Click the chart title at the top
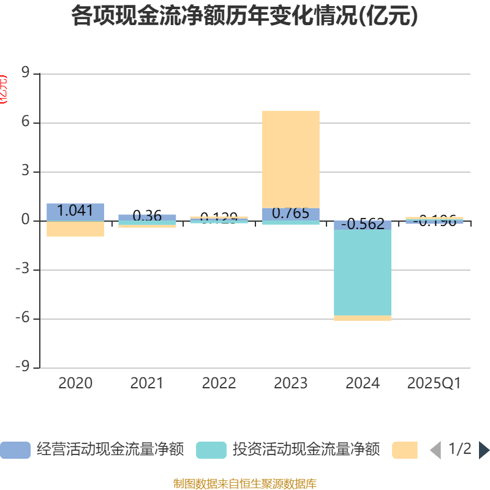[244, 17]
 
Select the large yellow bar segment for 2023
[290, 159]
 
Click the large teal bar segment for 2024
[363, 273]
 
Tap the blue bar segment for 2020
[75, 212]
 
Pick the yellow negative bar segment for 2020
[75, 228]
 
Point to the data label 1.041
[75, 211]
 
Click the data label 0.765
[290, 213]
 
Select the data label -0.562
[363, 224]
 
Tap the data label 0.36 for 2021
[147, 216]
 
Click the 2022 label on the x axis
[219, 383]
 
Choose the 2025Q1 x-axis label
[434, 383]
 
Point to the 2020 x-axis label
[75, 383]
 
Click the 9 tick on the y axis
[25, 73]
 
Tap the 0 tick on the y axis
[25, 221]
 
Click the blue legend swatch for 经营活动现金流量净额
[15, 450]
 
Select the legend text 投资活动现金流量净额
[306, 450]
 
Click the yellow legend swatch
[405, 450]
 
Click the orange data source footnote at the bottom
[244, 484]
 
